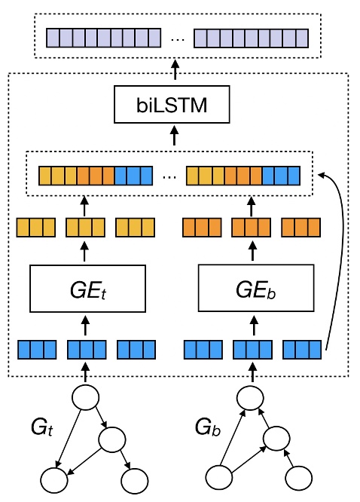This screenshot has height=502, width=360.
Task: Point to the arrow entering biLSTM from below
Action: coord(175,137)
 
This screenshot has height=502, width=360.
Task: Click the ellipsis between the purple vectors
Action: coord(178,37)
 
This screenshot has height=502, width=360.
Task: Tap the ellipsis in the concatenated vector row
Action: coord(169,176)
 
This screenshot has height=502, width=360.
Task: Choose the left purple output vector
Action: coord(104,37)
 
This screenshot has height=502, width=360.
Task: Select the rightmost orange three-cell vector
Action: coord(301,227)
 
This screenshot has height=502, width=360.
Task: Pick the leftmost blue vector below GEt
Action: coord(36,350)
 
